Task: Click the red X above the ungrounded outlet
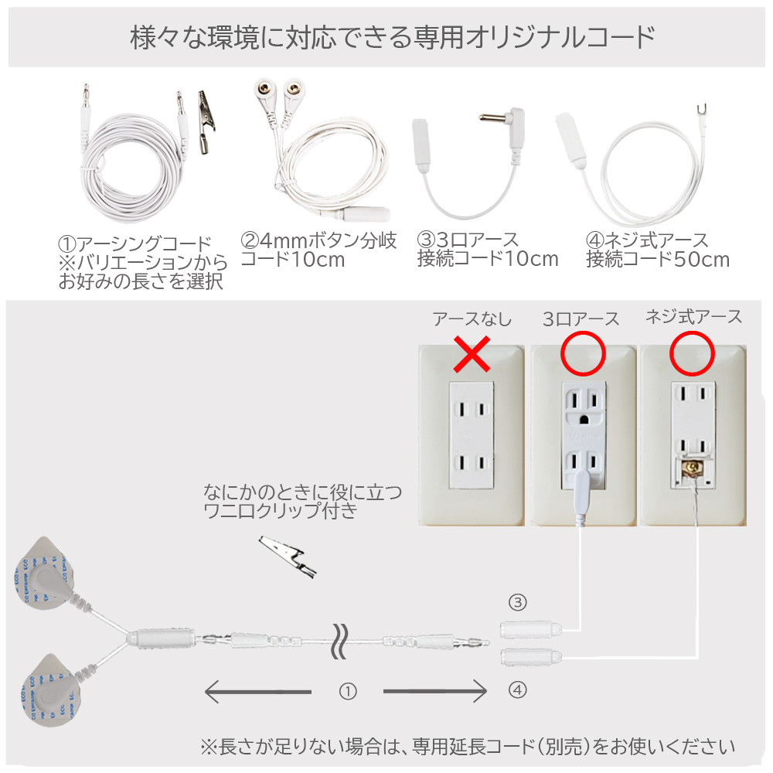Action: (472, 354)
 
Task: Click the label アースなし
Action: (472, 319)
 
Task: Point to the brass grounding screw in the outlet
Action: (693, 468)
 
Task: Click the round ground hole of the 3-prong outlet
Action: (584, 420)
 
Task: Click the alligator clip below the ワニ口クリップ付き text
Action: (288, 557)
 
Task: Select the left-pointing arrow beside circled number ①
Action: (258, 691)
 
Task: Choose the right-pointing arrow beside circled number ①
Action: (435, 691)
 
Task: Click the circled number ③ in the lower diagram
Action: (518, 602)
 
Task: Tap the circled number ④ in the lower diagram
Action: (518, 690)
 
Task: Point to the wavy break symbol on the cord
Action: (339, 641)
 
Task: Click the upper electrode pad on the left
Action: (46, 577)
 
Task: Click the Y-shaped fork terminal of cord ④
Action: (702, 114)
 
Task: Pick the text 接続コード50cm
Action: (658, 259)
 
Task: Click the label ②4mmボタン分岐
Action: (318, 240)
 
